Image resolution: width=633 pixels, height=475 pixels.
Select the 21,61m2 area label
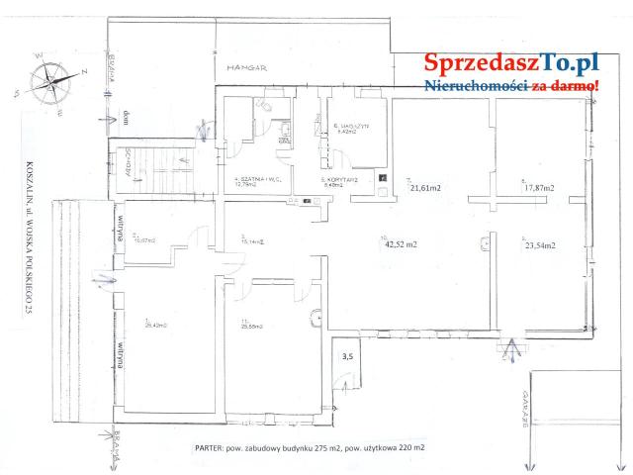426,187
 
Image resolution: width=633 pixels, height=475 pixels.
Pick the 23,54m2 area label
538,245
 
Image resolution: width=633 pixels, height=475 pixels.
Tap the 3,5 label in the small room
347,354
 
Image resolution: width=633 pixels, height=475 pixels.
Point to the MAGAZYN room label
354,129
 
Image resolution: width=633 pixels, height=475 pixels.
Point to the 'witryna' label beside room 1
121,356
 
